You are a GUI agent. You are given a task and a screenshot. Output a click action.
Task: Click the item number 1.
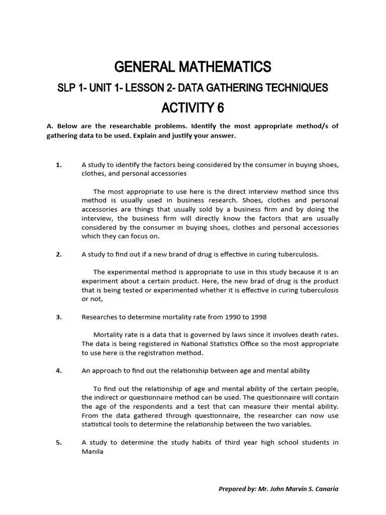58,165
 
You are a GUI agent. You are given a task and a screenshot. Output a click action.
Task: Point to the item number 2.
59,254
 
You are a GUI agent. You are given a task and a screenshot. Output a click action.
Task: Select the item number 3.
59,317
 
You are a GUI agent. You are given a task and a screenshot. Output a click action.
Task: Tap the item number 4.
59,371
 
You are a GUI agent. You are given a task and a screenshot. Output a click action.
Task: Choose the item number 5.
59,443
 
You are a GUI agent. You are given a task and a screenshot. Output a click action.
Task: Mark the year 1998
258,317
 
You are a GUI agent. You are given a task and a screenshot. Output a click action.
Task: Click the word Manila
92,452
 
